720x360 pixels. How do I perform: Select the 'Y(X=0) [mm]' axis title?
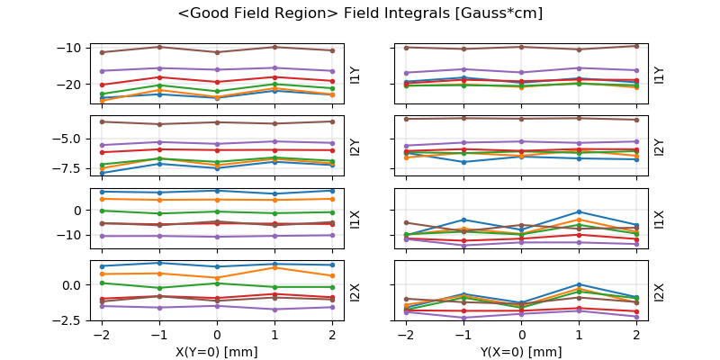coord(521,352)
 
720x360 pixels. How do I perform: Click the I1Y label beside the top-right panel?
coord(660,75)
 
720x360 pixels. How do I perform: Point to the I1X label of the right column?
coord(660,219)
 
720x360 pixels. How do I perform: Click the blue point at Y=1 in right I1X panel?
coord(579,212)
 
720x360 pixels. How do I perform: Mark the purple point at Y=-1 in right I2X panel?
coord(463,318)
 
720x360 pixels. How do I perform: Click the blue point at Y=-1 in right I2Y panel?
coord(463,162)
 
